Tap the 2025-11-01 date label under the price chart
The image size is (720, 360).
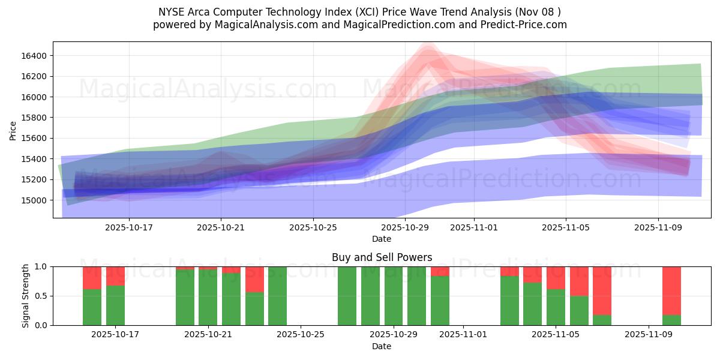(474, 227)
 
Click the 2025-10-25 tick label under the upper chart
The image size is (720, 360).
(313, 227)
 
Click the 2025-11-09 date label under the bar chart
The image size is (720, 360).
(649, 335)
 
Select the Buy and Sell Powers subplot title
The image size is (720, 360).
(382, 257)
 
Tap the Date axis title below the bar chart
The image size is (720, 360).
(382, 346)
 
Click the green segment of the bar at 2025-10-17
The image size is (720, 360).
(115, 305)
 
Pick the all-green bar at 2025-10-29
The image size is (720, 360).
(393, 296)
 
